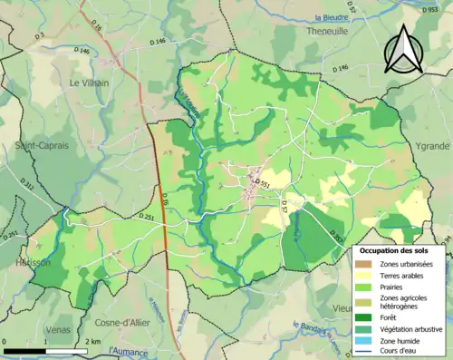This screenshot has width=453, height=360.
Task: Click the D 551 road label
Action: tap(263, 183)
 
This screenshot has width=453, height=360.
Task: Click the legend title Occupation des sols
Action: tap(400, 250)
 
